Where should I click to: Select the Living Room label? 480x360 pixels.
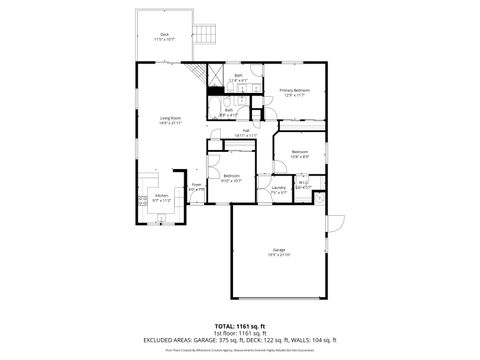tap(171, 120)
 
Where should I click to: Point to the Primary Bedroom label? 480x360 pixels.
tap(294, 92)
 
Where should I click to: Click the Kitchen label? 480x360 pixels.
tap(161, 226)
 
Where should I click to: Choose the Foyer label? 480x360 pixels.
tap(197, 186)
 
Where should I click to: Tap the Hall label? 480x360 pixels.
tap(246, 131)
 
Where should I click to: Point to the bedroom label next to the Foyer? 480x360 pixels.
tap(231, 180)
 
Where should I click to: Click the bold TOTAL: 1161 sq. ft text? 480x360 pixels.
tap(239, 326)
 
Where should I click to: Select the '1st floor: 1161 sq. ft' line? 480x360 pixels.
tap(239, 333)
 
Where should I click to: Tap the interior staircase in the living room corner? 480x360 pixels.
tap(214, 73)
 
